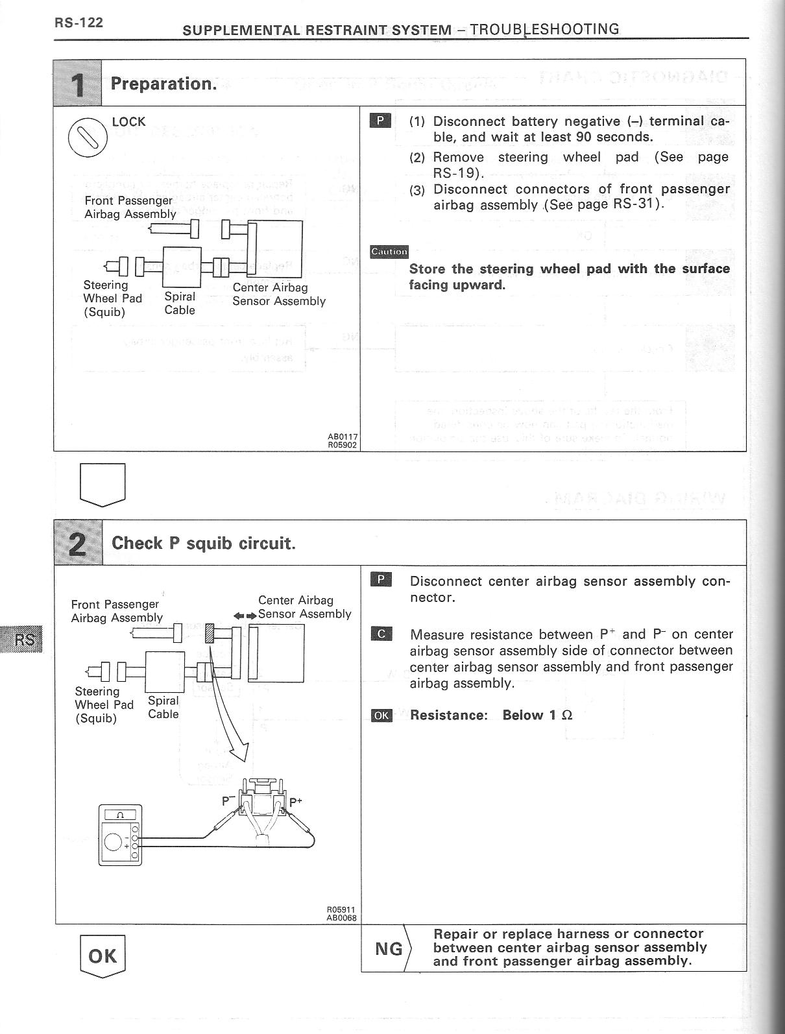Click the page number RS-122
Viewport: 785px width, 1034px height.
[x=78, y=23]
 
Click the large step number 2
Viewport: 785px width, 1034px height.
[x=78, y=543]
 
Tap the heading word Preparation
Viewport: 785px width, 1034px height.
[x=163, y=84]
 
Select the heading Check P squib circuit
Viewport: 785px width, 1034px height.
[x=203, y=543]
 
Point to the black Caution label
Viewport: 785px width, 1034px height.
[x=389, y=252]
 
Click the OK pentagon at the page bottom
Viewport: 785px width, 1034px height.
[x=102, y=956]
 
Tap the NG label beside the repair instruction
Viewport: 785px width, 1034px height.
[x=389, y=949]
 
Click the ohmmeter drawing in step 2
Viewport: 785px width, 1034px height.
[x=120, y=836]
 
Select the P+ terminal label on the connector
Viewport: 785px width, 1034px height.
[x=295, y=802]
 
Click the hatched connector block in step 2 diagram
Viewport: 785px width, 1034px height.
[x=210, y=632]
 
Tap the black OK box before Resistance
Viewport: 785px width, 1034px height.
[x=381, y=715]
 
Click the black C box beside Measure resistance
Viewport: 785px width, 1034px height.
[x=381, y=634]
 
